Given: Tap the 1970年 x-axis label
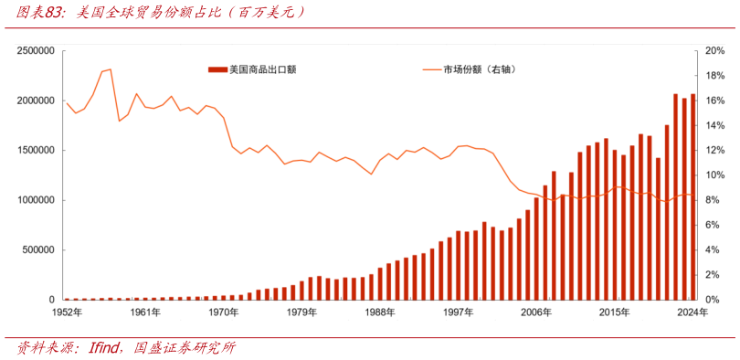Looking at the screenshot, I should click(222, 312).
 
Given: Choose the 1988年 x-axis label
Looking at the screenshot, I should click(379, 312).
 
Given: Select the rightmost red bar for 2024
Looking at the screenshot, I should click(692, 196).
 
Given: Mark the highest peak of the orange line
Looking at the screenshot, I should click(110, 69).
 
